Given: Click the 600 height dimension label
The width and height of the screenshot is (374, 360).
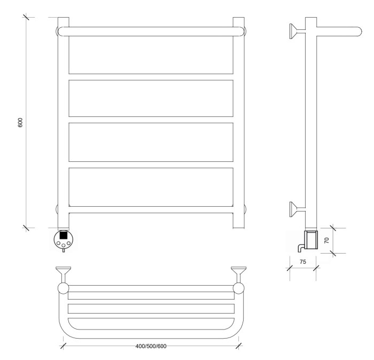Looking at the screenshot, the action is [x=20, y=122].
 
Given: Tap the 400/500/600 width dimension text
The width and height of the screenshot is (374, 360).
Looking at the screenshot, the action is [x=151, y=346].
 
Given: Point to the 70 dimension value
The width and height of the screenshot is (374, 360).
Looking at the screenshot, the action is [x=327, y=240].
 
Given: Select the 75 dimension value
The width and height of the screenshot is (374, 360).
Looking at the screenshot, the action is [x=302, y=262].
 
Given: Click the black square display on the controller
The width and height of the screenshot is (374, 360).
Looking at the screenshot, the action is [x=63, y=236].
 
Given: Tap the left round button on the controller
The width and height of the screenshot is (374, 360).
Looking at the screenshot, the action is [x=58, y=244].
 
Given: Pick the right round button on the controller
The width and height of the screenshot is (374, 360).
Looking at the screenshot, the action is [x=68, y=244].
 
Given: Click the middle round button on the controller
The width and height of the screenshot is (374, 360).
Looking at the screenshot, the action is [x=64, y=245].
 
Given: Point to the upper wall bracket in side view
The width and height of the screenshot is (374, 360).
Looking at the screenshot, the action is [x=297, y=31].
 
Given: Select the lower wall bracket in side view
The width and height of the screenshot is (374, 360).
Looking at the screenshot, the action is [x=297, y=209].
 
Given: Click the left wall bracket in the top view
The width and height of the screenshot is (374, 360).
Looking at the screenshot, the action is [x=63, y=275].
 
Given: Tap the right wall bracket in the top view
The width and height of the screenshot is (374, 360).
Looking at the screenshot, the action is [x=238, y=275].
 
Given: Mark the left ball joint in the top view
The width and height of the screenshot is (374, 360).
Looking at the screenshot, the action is [x=64, y=288].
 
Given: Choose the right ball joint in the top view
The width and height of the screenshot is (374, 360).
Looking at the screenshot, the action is [x=238, y=288].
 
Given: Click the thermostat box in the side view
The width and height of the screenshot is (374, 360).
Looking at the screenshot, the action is [x=311, y=240].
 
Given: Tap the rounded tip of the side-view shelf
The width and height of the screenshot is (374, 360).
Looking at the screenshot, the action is [x=359, y=32].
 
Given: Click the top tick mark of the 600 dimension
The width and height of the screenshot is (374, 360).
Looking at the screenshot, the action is [x=26, y=17].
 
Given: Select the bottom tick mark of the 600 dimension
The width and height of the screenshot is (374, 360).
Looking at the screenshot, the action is [x=26, y=228].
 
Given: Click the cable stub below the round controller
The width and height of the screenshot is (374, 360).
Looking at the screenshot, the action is [x=64, y=251].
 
